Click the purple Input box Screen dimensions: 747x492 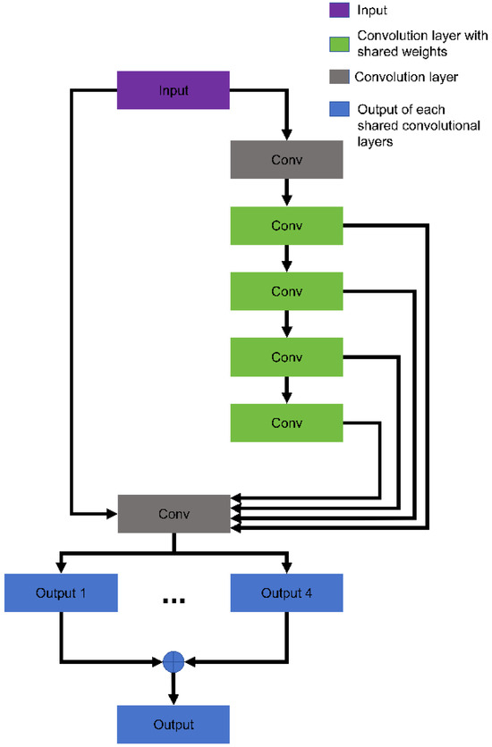[x=174, y=91]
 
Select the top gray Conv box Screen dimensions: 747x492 [x=286, y=161]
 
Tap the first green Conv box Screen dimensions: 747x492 [x=286, y=226]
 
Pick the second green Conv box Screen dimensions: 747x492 [x=286, y=291]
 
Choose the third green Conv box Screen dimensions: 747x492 [x=286, y=357]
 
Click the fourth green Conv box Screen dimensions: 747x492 [x=286, y=422]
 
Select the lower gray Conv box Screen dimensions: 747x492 [x=174, y=514]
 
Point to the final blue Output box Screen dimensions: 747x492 [x=174, y=725]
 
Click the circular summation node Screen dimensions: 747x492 [x=174, y=661]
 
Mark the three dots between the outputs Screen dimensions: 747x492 [x=174, y=600]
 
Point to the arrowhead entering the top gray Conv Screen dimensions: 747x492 [x=286, y=134]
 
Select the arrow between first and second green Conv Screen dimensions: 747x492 [x=286, y=259]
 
